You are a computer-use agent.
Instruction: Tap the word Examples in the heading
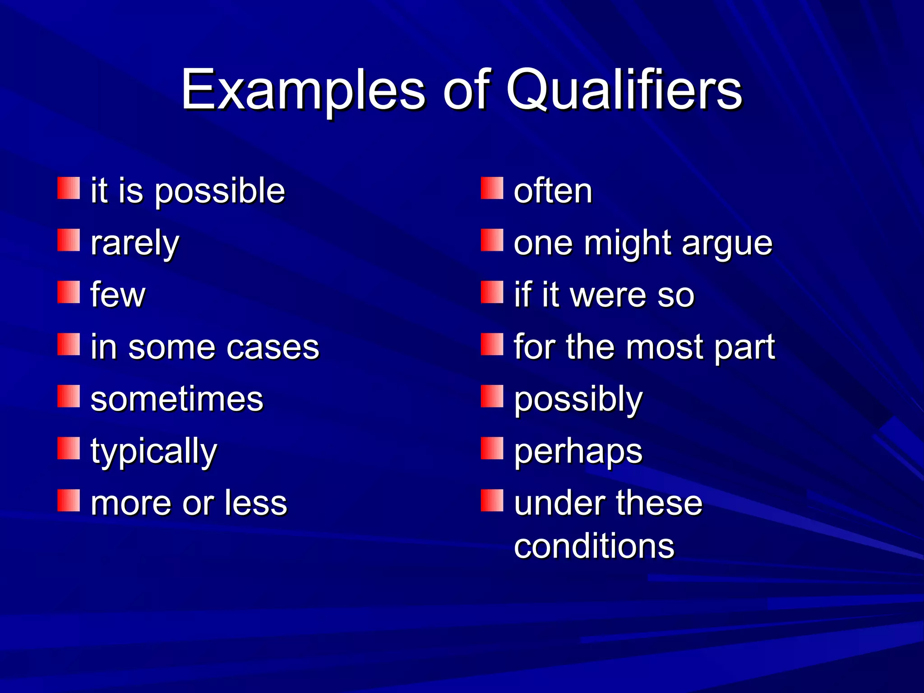tap(303, 90)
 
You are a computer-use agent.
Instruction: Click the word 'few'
tap(118, 295)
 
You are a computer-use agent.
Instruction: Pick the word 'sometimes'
tap(177, 399)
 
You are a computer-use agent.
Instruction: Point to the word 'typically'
tap(154, 452)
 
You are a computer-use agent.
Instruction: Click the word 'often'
tap(553, 191)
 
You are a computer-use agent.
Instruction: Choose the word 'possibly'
tap(578, 400)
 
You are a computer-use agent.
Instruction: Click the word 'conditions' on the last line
tap(594, 546)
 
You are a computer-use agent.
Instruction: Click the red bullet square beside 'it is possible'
tap(69, 188)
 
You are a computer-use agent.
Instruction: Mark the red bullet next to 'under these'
tap(492, 500)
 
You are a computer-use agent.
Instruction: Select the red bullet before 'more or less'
tap(69, 500)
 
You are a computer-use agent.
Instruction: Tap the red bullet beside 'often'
tap(492, 188)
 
